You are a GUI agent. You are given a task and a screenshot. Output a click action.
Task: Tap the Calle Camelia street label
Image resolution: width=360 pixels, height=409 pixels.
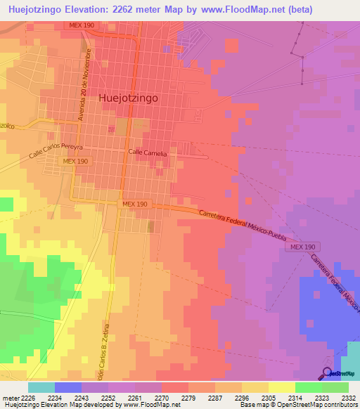(x=148, y=152)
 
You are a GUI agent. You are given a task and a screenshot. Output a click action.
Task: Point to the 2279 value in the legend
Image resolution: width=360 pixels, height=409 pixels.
(x=188, y=396)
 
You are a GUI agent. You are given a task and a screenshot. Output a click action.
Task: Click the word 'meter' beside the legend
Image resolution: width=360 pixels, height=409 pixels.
(x=9, y=396)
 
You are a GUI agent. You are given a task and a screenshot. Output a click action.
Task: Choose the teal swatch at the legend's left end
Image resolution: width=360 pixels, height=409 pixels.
(x=41, y=387)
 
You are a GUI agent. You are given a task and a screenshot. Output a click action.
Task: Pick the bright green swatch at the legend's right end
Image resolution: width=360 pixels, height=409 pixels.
(x=335, y=387)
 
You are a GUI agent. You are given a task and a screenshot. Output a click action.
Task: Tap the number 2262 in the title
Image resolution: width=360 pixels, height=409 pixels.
(x=120, y=9)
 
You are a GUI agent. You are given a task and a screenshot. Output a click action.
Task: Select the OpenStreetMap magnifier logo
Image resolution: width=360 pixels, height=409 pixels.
(x=328, y=372)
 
